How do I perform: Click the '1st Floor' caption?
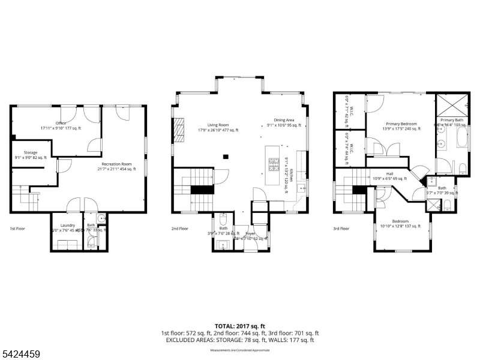click(17, 229)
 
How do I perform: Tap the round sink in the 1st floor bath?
click(101, 218)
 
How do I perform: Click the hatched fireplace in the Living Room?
click(179, 130)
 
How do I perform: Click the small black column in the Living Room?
click(225, 157)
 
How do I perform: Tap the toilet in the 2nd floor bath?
click(223, 220)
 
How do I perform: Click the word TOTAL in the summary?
click(226, 326)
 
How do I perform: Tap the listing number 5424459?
click(21, 355)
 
